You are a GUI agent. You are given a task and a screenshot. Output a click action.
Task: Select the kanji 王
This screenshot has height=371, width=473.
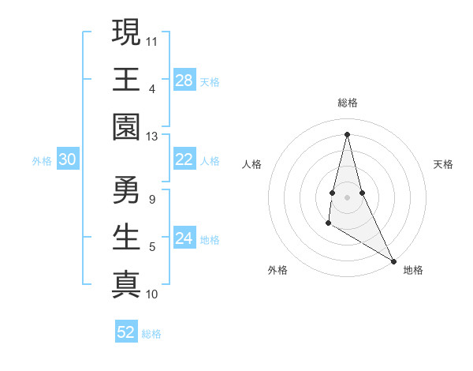point(125,80)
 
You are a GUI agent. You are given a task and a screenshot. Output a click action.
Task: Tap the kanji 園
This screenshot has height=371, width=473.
point(125,127)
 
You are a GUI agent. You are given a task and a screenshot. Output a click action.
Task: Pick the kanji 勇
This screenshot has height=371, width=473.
point(125,189)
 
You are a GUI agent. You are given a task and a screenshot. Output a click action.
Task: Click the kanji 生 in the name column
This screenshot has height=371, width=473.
point(125,237)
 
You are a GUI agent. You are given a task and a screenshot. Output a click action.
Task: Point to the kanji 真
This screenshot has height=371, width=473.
point(125,284)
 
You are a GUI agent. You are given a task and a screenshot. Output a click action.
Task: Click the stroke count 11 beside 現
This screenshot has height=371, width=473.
point(152,40)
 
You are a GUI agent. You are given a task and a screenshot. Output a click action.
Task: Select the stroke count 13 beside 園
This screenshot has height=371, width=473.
point(152,137)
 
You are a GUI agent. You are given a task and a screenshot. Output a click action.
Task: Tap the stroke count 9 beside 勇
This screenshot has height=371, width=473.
point(151,199)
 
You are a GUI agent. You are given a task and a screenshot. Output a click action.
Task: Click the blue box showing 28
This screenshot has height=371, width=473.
point(184,81)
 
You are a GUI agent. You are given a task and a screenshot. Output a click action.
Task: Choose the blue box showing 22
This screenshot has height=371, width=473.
point(184,159)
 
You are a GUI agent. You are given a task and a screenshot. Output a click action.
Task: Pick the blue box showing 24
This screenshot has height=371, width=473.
point(184,238)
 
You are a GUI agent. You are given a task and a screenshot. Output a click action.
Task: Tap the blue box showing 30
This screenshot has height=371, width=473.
point(67,160)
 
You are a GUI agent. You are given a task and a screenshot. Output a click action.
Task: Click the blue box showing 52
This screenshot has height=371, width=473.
point(126,332)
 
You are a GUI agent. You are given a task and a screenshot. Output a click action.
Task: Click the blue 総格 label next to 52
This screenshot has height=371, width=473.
point(151,334)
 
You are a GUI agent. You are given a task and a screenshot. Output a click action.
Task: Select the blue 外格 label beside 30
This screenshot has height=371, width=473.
point(42,161)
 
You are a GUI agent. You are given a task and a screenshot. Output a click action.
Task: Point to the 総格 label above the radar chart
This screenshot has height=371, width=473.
point(347,103)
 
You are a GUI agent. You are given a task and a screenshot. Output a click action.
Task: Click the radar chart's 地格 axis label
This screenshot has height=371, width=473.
point(413,270)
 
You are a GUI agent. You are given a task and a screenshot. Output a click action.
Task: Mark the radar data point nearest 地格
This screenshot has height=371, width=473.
point(394,261)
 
